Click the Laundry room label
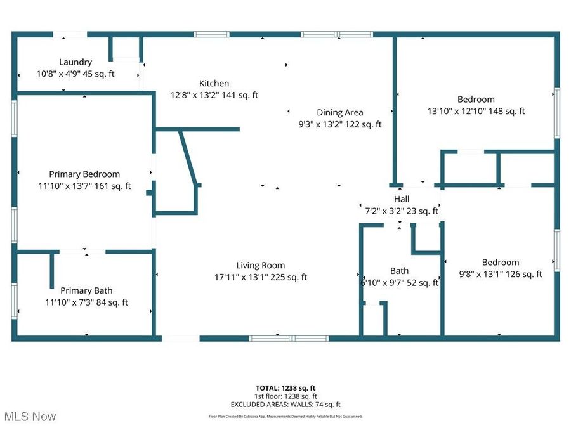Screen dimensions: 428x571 click(75, 62)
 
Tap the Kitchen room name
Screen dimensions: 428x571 click(214, 83)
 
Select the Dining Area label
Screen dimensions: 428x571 click(340, 113)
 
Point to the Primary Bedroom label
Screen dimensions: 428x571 click(84, 174)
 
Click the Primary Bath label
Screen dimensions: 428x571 click(86, 290)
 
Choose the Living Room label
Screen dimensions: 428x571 click(260, 265)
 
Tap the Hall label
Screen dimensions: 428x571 click(402, 199)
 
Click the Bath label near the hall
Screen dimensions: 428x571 click(400, 271)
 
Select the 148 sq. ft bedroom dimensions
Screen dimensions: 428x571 click(476, 111)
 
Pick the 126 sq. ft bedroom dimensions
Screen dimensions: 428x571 click(500, 274)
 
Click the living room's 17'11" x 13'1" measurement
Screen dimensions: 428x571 click(260, 277)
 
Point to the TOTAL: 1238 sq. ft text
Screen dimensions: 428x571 click(285, 387)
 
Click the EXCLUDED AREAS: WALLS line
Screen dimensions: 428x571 click(285, 404)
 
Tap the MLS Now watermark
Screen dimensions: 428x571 click(30, 417)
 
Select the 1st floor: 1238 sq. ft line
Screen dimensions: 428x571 click(285, 396)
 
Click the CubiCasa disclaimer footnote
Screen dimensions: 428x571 click(285, 417)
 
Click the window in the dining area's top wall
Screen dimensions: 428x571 click(336, 34)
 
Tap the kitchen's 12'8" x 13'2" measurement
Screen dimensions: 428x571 click(214, 95)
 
